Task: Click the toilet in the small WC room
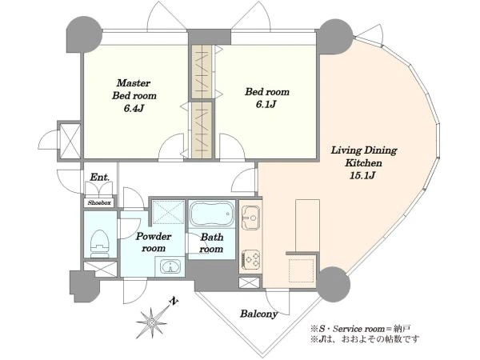(x=100, y=244)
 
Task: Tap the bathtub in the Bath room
(x=211, y=214)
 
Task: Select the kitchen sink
(x=250, y=218)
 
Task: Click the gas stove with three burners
(x=250, y=260)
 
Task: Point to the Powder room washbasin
(x=170, y=266)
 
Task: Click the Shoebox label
(x=99, y=202)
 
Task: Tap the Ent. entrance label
(x=100, y=177)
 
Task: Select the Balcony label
(x=259, y=314)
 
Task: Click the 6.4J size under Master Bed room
(x=134, y=108)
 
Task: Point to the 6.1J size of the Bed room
(x=266, y=104)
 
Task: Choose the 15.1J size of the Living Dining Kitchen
(x=362, y=175)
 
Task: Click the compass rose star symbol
(x=151, y=322)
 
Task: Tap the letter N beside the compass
(x=174, y=302)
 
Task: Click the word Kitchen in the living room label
(x=364, y=163)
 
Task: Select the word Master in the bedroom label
(x=134, y=83)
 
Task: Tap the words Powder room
(x=154, y=242)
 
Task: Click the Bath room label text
(x=211, y=242)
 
